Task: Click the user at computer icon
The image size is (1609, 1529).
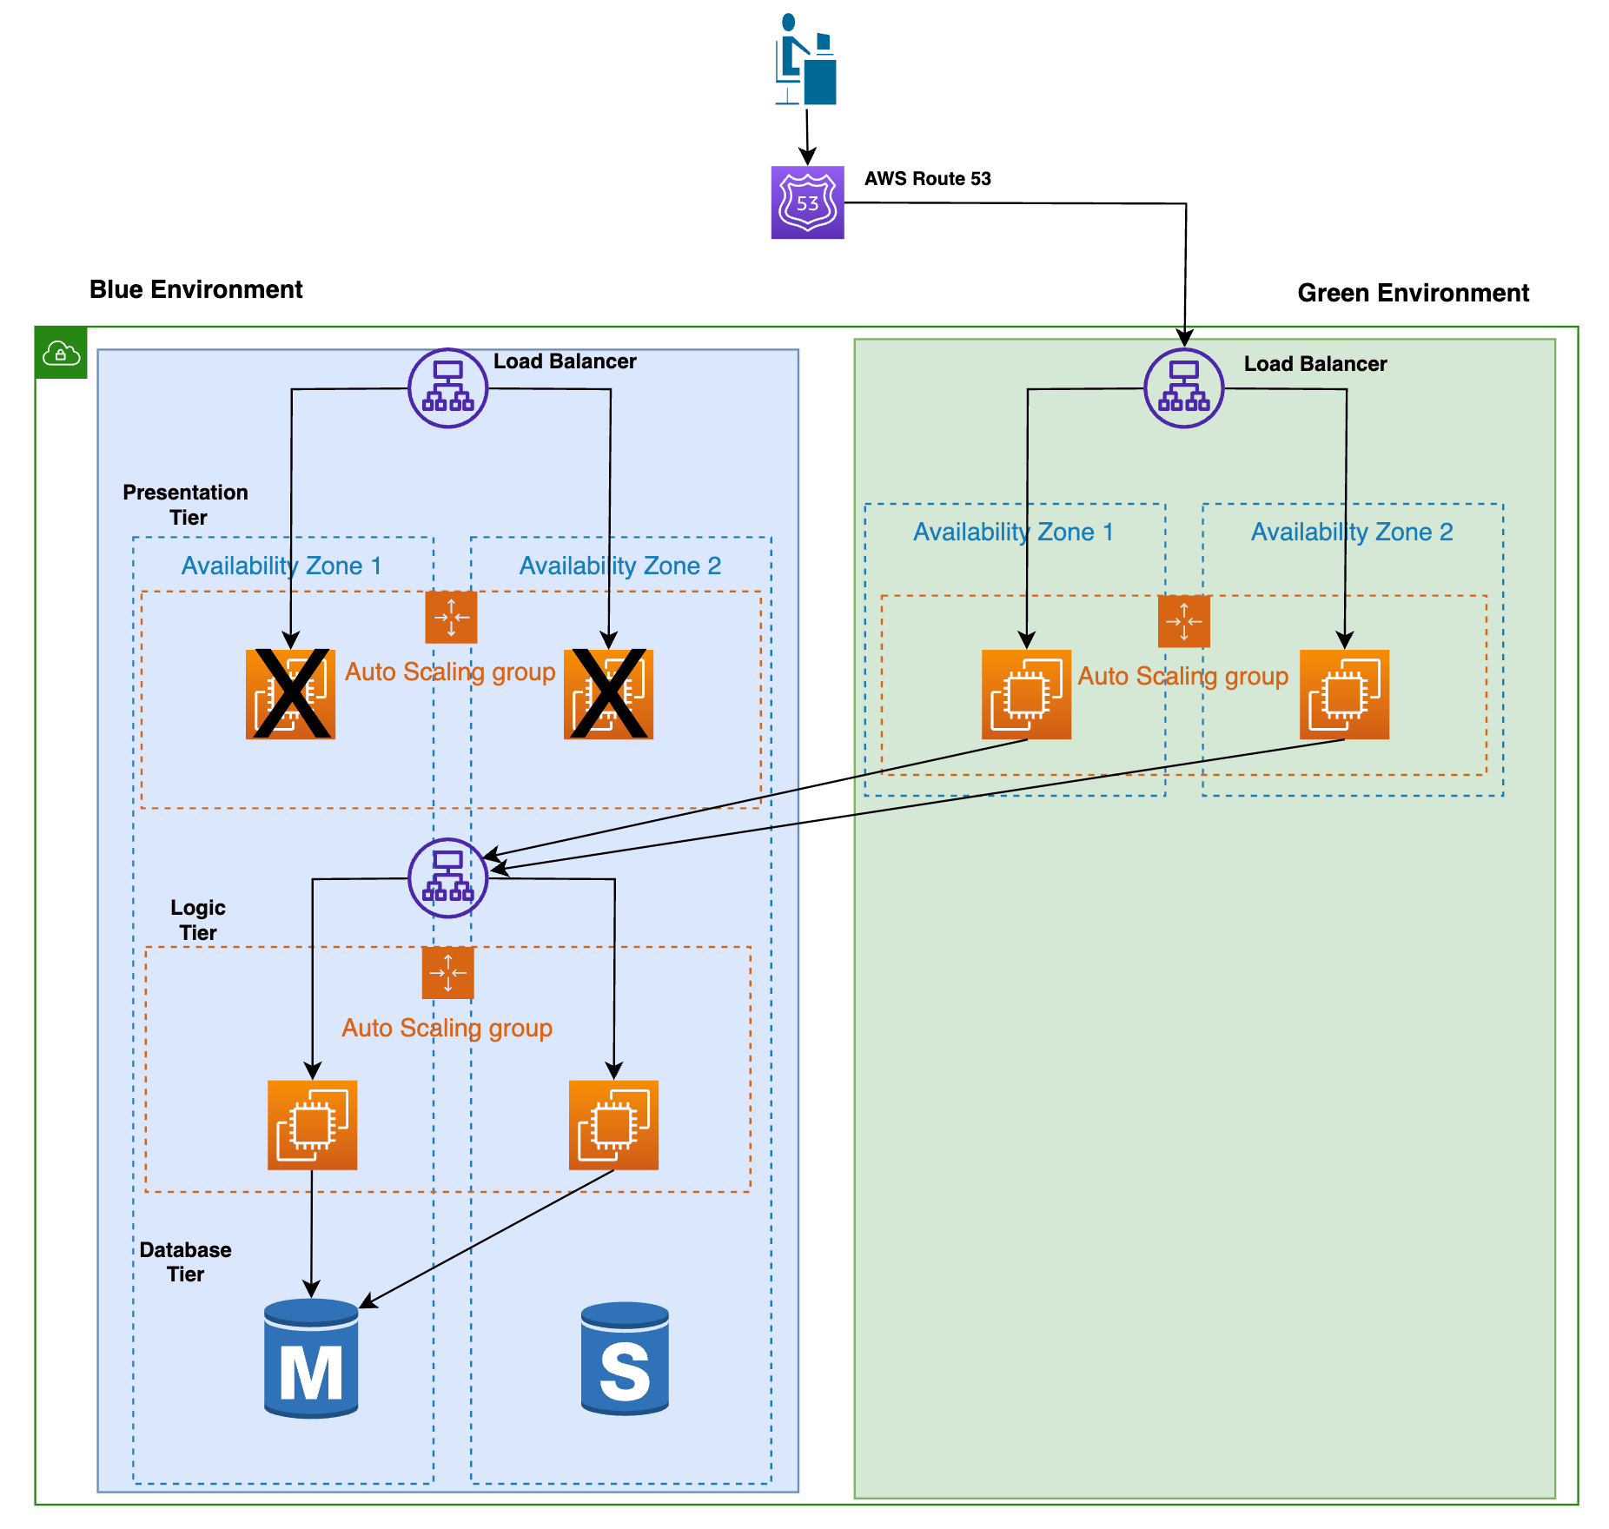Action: click(x=806, y=59)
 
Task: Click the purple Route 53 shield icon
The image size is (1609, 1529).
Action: click(x=807, y=202)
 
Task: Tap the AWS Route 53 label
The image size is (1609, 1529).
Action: click(x=927, y=179)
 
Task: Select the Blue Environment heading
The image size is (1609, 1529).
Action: click(x=195, y=289)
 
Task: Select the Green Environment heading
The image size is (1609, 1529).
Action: click(x=1413, y=293)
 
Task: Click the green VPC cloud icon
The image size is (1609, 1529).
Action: click(x=61, y=354)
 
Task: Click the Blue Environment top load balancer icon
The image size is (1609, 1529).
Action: click(x=447, y=388)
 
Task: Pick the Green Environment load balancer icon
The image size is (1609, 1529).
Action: click(x=1183, y=388)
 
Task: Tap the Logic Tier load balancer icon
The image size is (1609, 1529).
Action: click(x=447, y=877)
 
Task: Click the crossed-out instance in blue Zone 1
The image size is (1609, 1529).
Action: click(x=290, y=693)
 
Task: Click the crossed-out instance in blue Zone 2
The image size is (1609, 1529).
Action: click(x=608, y=693)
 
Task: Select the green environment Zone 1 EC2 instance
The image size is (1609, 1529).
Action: click(x=1026, y=694)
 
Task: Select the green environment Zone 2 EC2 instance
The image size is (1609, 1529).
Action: click(x=1344, y=694)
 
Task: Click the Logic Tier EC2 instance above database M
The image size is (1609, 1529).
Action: click(x=312, y=1125)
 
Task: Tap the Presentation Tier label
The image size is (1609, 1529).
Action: click(x=185, y=505)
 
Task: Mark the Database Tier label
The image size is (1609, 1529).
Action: click(x=185, y=1261)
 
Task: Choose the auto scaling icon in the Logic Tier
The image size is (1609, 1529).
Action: click(x=447, y=973)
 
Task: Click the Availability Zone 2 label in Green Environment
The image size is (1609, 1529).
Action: click(x=1351, y=532)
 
